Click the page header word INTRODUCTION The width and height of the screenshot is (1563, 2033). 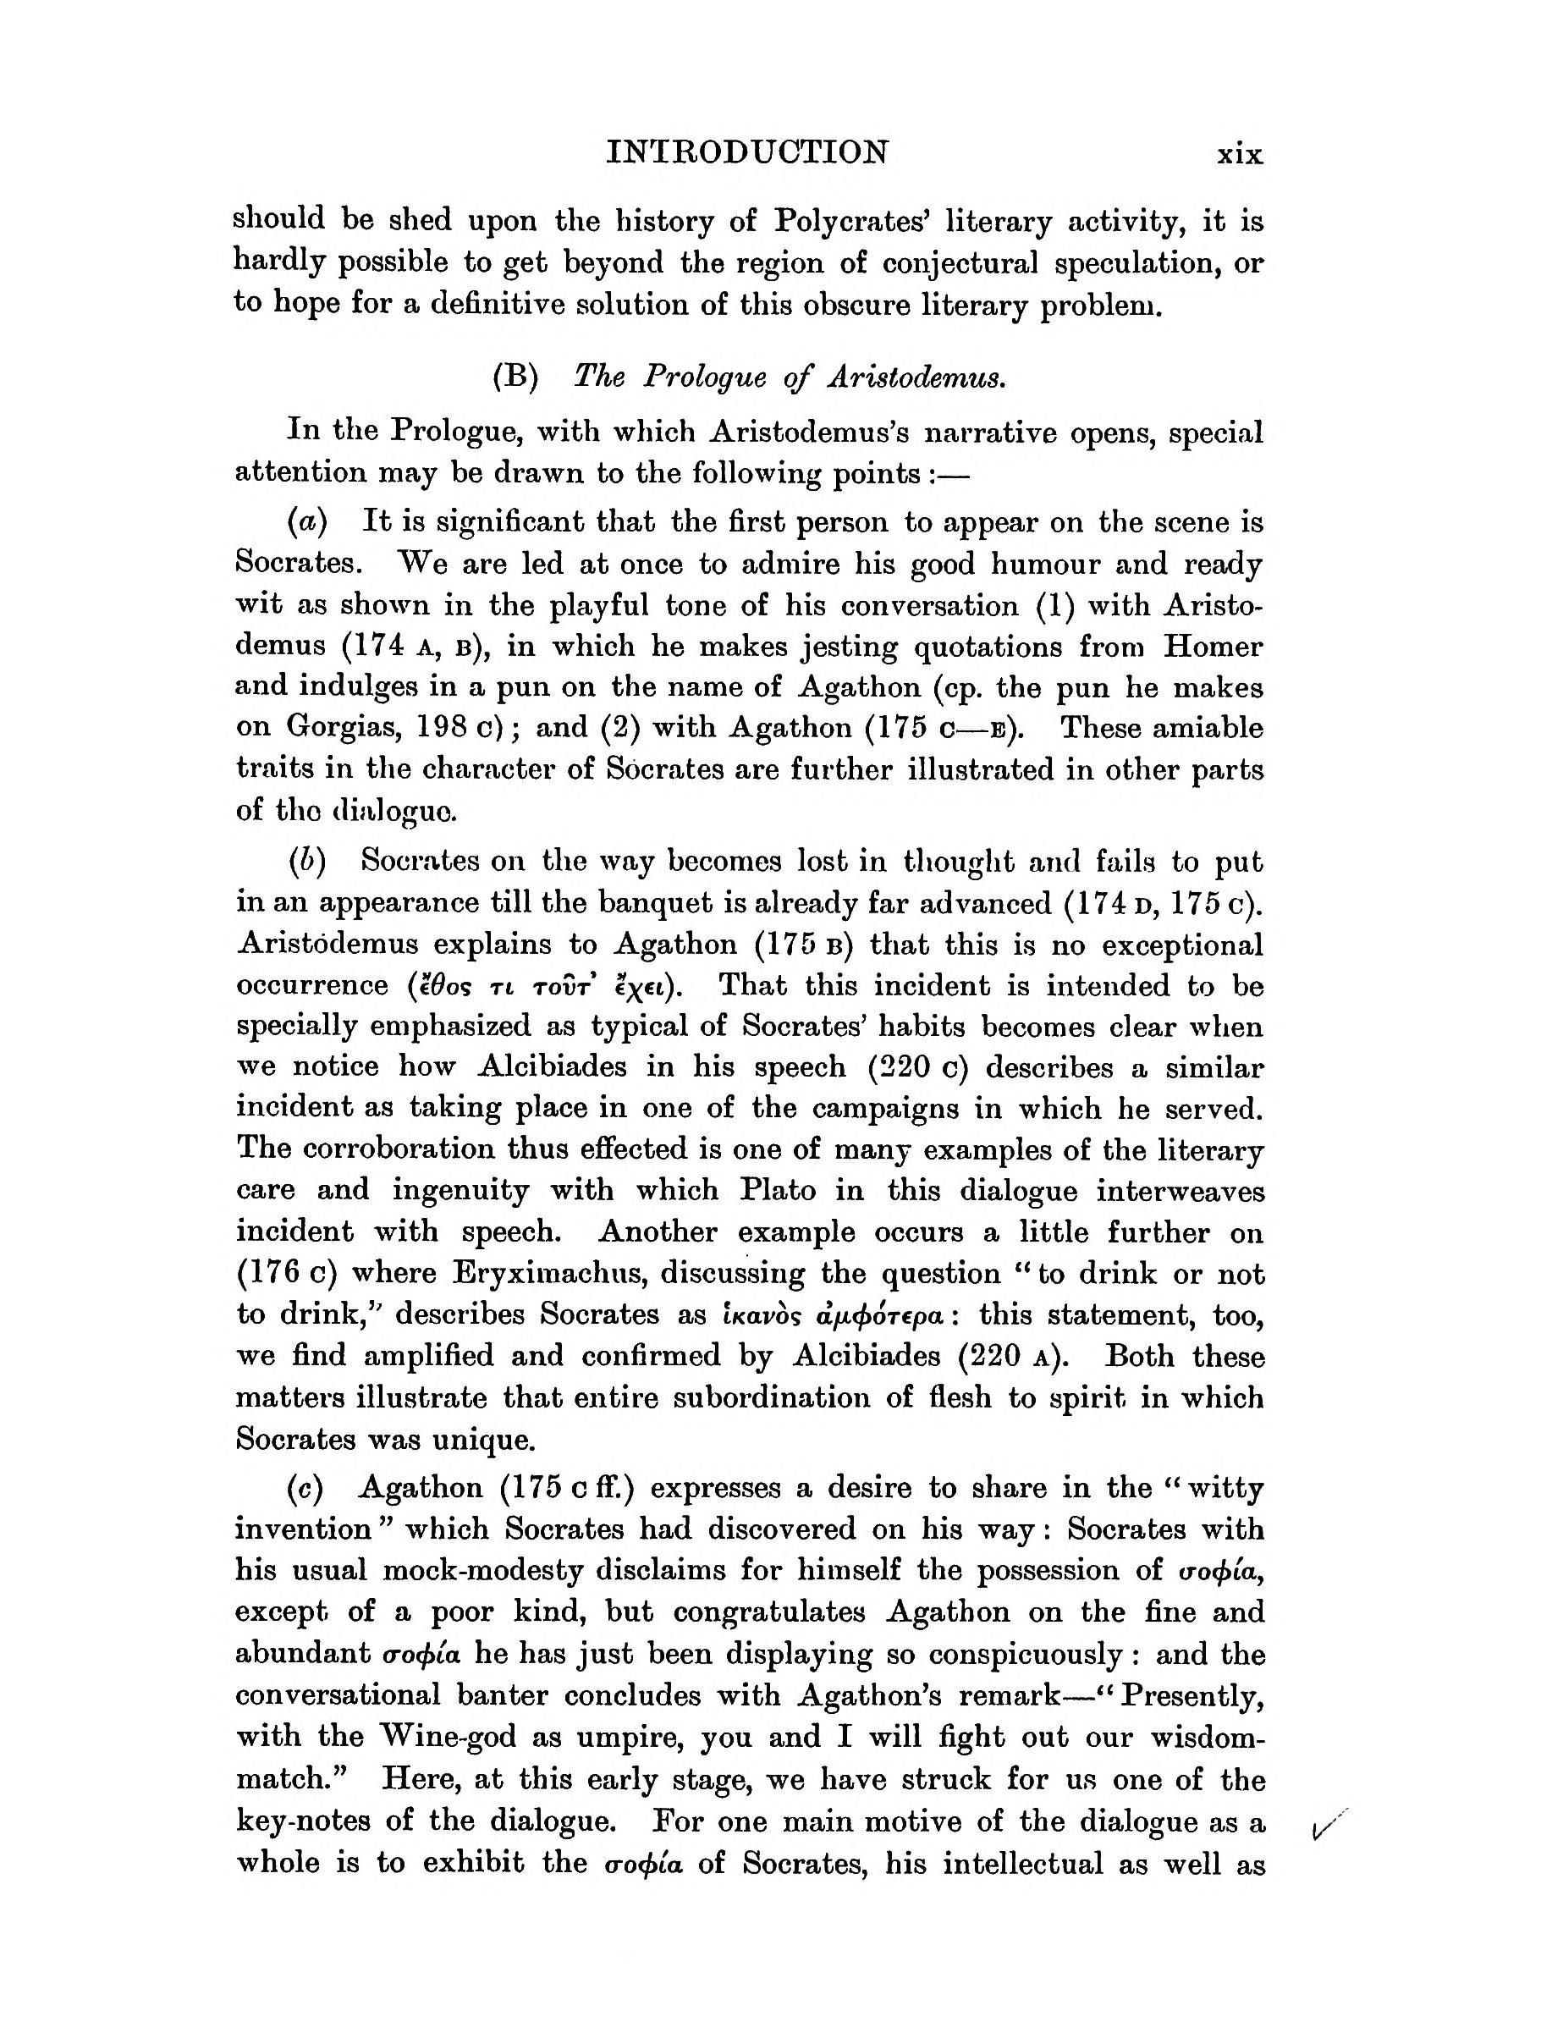(x=747, y=152)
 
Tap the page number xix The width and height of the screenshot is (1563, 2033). (x=1241, y=153)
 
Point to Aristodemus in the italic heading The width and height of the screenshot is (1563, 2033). (x=916, y=377)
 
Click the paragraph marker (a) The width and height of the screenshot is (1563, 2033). (x=308, y=522)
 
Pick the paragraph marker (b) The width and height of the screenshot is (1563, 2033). (x=308, y=862)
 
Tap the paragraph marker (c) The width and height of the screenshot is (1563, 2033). (x=306, y=1489)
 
